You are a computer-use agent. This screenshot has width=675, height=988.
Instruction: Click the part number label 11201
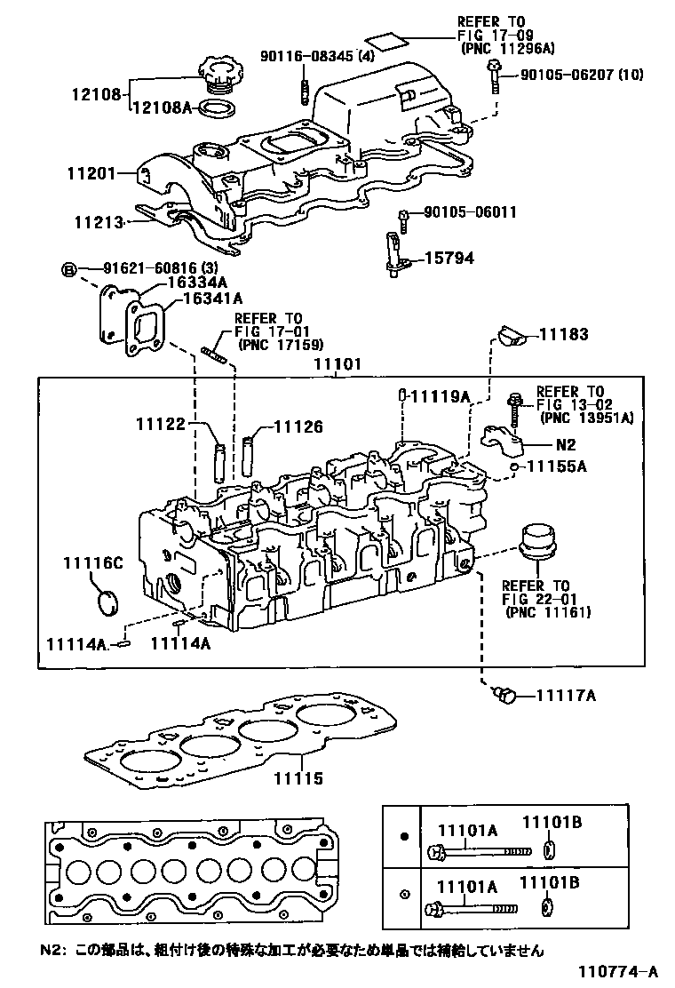tap(90, 173)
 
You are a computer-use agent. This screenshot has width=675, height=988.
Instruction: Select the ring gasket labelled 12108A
tap(216, 109)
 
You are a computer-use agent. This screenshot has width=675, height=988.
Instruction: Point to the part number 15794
tap(449, 259)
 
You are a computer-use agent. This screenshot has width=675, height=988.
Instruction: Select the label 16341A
tap(212, 299)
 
